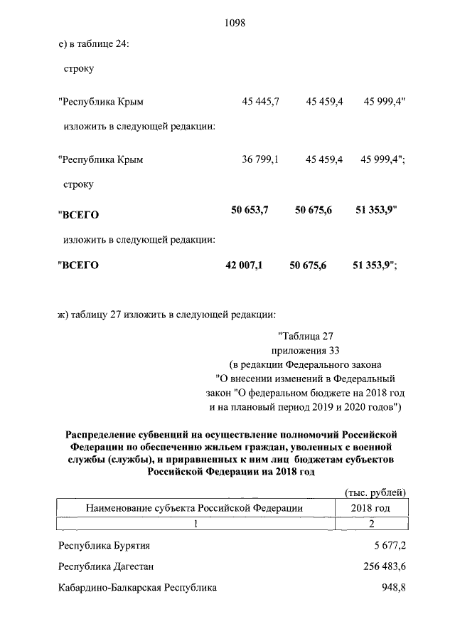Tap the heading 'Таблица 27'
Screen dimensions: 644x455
[x=306, y=336]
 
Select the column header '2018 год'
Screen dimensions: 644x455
[x=371, y=508]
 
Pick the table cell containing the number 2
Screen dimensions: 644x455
[x=371, y=524]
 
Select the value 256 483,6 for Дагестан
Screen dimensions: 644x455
[x=380, y=567]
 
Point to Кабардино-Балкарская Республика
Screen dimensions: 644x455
[x=137, y=588]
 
